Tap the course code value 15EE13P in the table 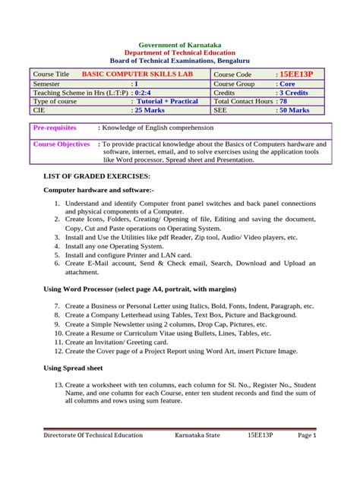(x=298, y=74)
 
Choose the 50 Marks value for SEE (x=293, y=109)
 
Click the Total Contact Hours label (x=245, y=101)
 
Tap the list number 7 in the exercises (x=58, y=305)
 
